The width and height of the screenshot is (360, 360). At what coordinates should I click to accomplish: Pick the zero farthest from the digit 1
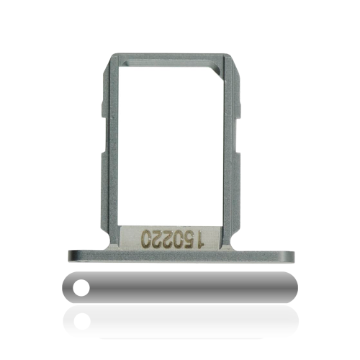coord(148,238)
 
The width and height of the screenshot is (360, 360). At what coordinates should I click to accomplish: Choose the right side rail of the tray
coord(232,144)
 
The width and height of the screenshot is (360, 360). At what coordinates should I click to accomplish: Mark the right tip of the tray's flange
coord(295,255)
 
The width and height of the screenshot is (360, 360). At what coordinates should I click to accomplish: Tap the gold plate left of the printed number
coord(130,238)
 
